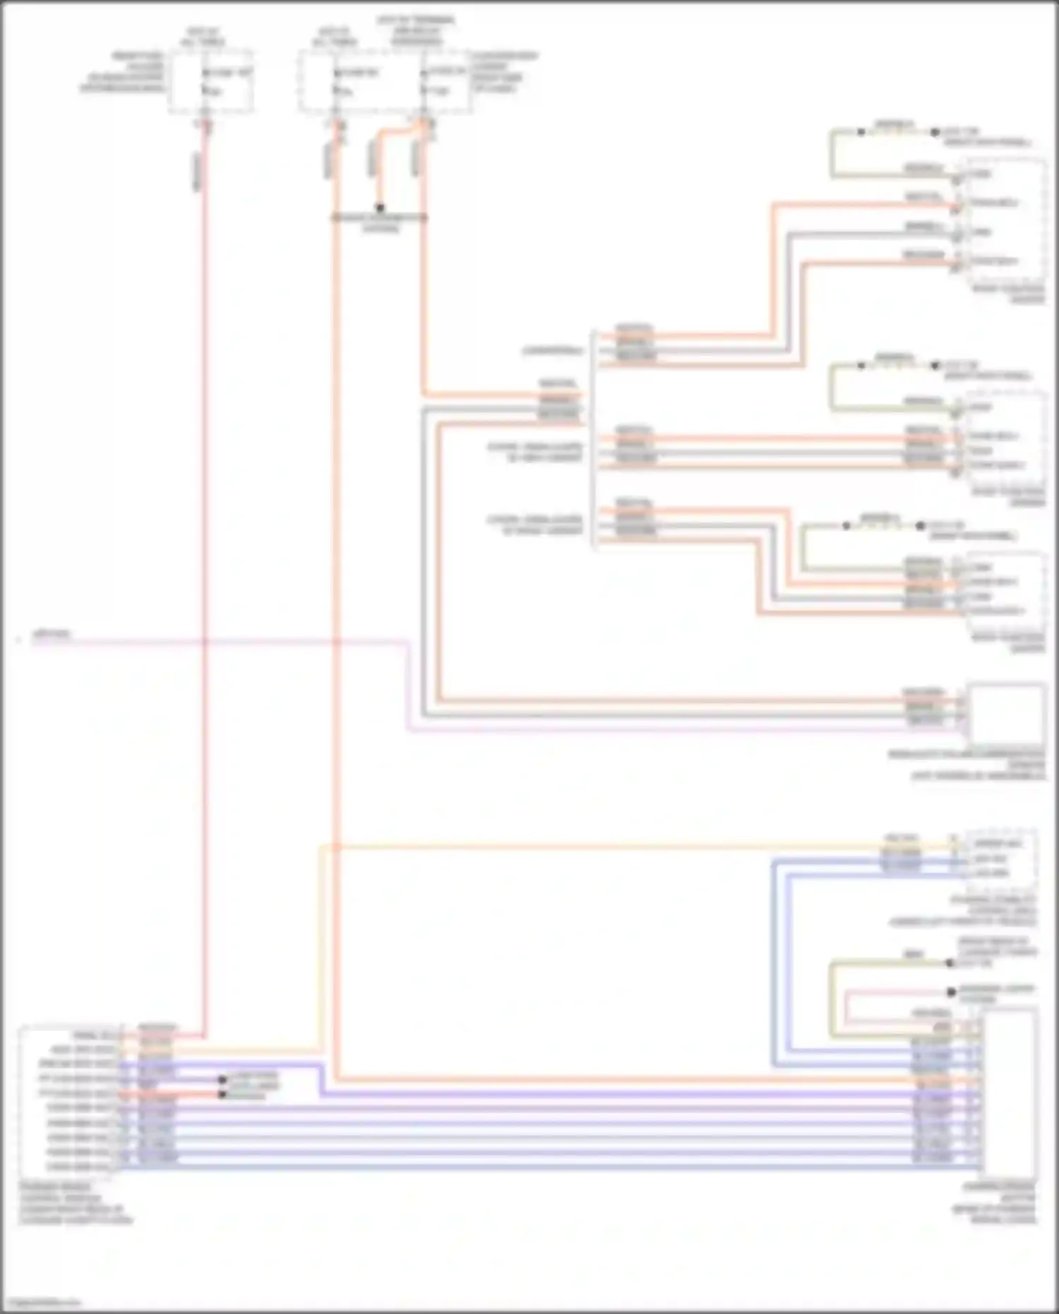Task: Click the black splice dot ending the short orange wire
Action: click(x=380, y=208)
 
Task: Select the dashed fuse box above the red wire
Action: click(x=211, y=80)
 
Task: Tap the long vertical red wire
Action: click(x=205, y=565)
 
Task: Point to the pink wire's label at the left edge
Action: click(x=52, y=634)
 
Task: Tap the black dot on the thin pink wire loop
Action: click(x=951, y=992)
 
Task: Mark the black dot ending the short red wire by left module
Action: click(x=222, y=1094)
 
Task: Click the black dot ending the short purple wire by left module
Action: click(x=222, y=1080)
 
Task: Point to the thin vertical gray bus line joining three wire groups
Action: click(x=593, y=438)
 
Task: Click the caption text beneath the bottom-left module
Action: click(x=74, y=1203)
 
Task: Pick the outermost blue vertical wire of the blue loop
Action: click(x=774, y=960)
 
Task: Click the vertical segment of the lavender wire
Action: click(x=409, y=685)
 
